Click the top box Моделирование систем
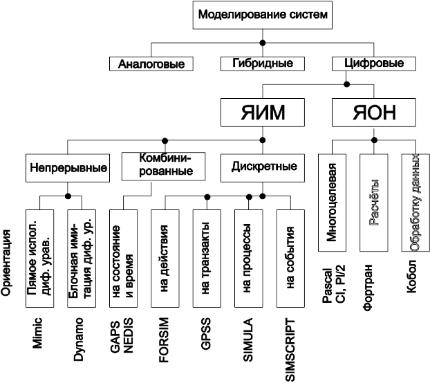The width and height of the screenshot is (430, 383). click(x=262, y=15)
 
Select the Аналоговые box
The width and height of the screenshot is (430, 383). click(x=151, y=64)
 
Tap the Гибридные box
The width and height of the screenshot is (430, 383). click(x=262, y=64)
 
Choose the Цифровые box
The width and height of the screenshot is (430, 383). click(x=374, y=64)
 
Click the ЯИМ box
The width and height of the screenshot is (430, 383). click(x=262, y=111)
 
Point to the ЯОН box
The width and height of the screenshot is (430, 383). click(x=374, y=111)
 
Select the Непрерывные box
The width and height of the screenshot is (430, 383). click(x=68, y=167)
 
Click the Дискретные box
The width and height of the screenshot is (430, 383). click(x=262, y=167)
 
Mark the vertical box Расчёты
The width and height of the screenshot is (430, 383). click(x=374, y=204)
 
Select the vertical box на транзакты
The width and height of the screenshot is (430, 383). click(x=207, y=257)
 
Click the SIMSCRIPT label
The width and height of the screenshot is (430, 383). click(x=290, y=350)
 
